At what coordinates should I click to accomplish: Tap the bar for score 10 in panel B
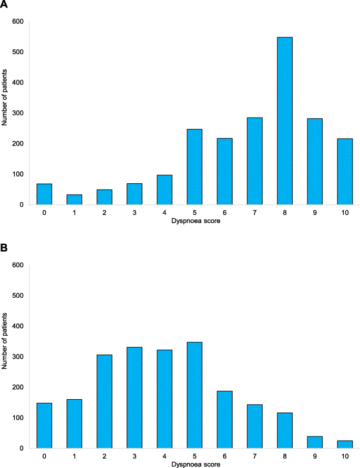pyautogui.click(x=345, y=444)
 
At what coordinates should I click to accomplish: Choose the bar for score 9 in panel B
pyautogui.click(x=315, y=442)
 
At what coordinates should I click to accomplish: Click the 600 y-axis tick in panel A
pyautogui.click(x=18, y=22)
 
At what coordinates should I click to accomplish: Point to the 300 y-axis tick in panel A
pyautogui.click(x=18, y=113)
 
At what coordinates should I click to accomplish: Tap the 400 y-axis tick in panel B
pyautogui.click(x=18, y=326)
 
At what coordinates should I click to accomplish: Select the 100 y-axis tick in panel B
pyautogui.click(x=18, y=418)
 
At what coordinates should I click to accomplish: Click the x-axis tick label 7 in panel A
pyautogui.click(x=254, y=213)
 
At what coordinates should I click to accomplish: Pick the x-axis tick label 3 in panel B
pyautogui.click(x=134, y=456)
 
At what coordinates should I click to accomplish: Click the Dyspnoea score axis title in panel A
pyautogui.click(x=194, y=221)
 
